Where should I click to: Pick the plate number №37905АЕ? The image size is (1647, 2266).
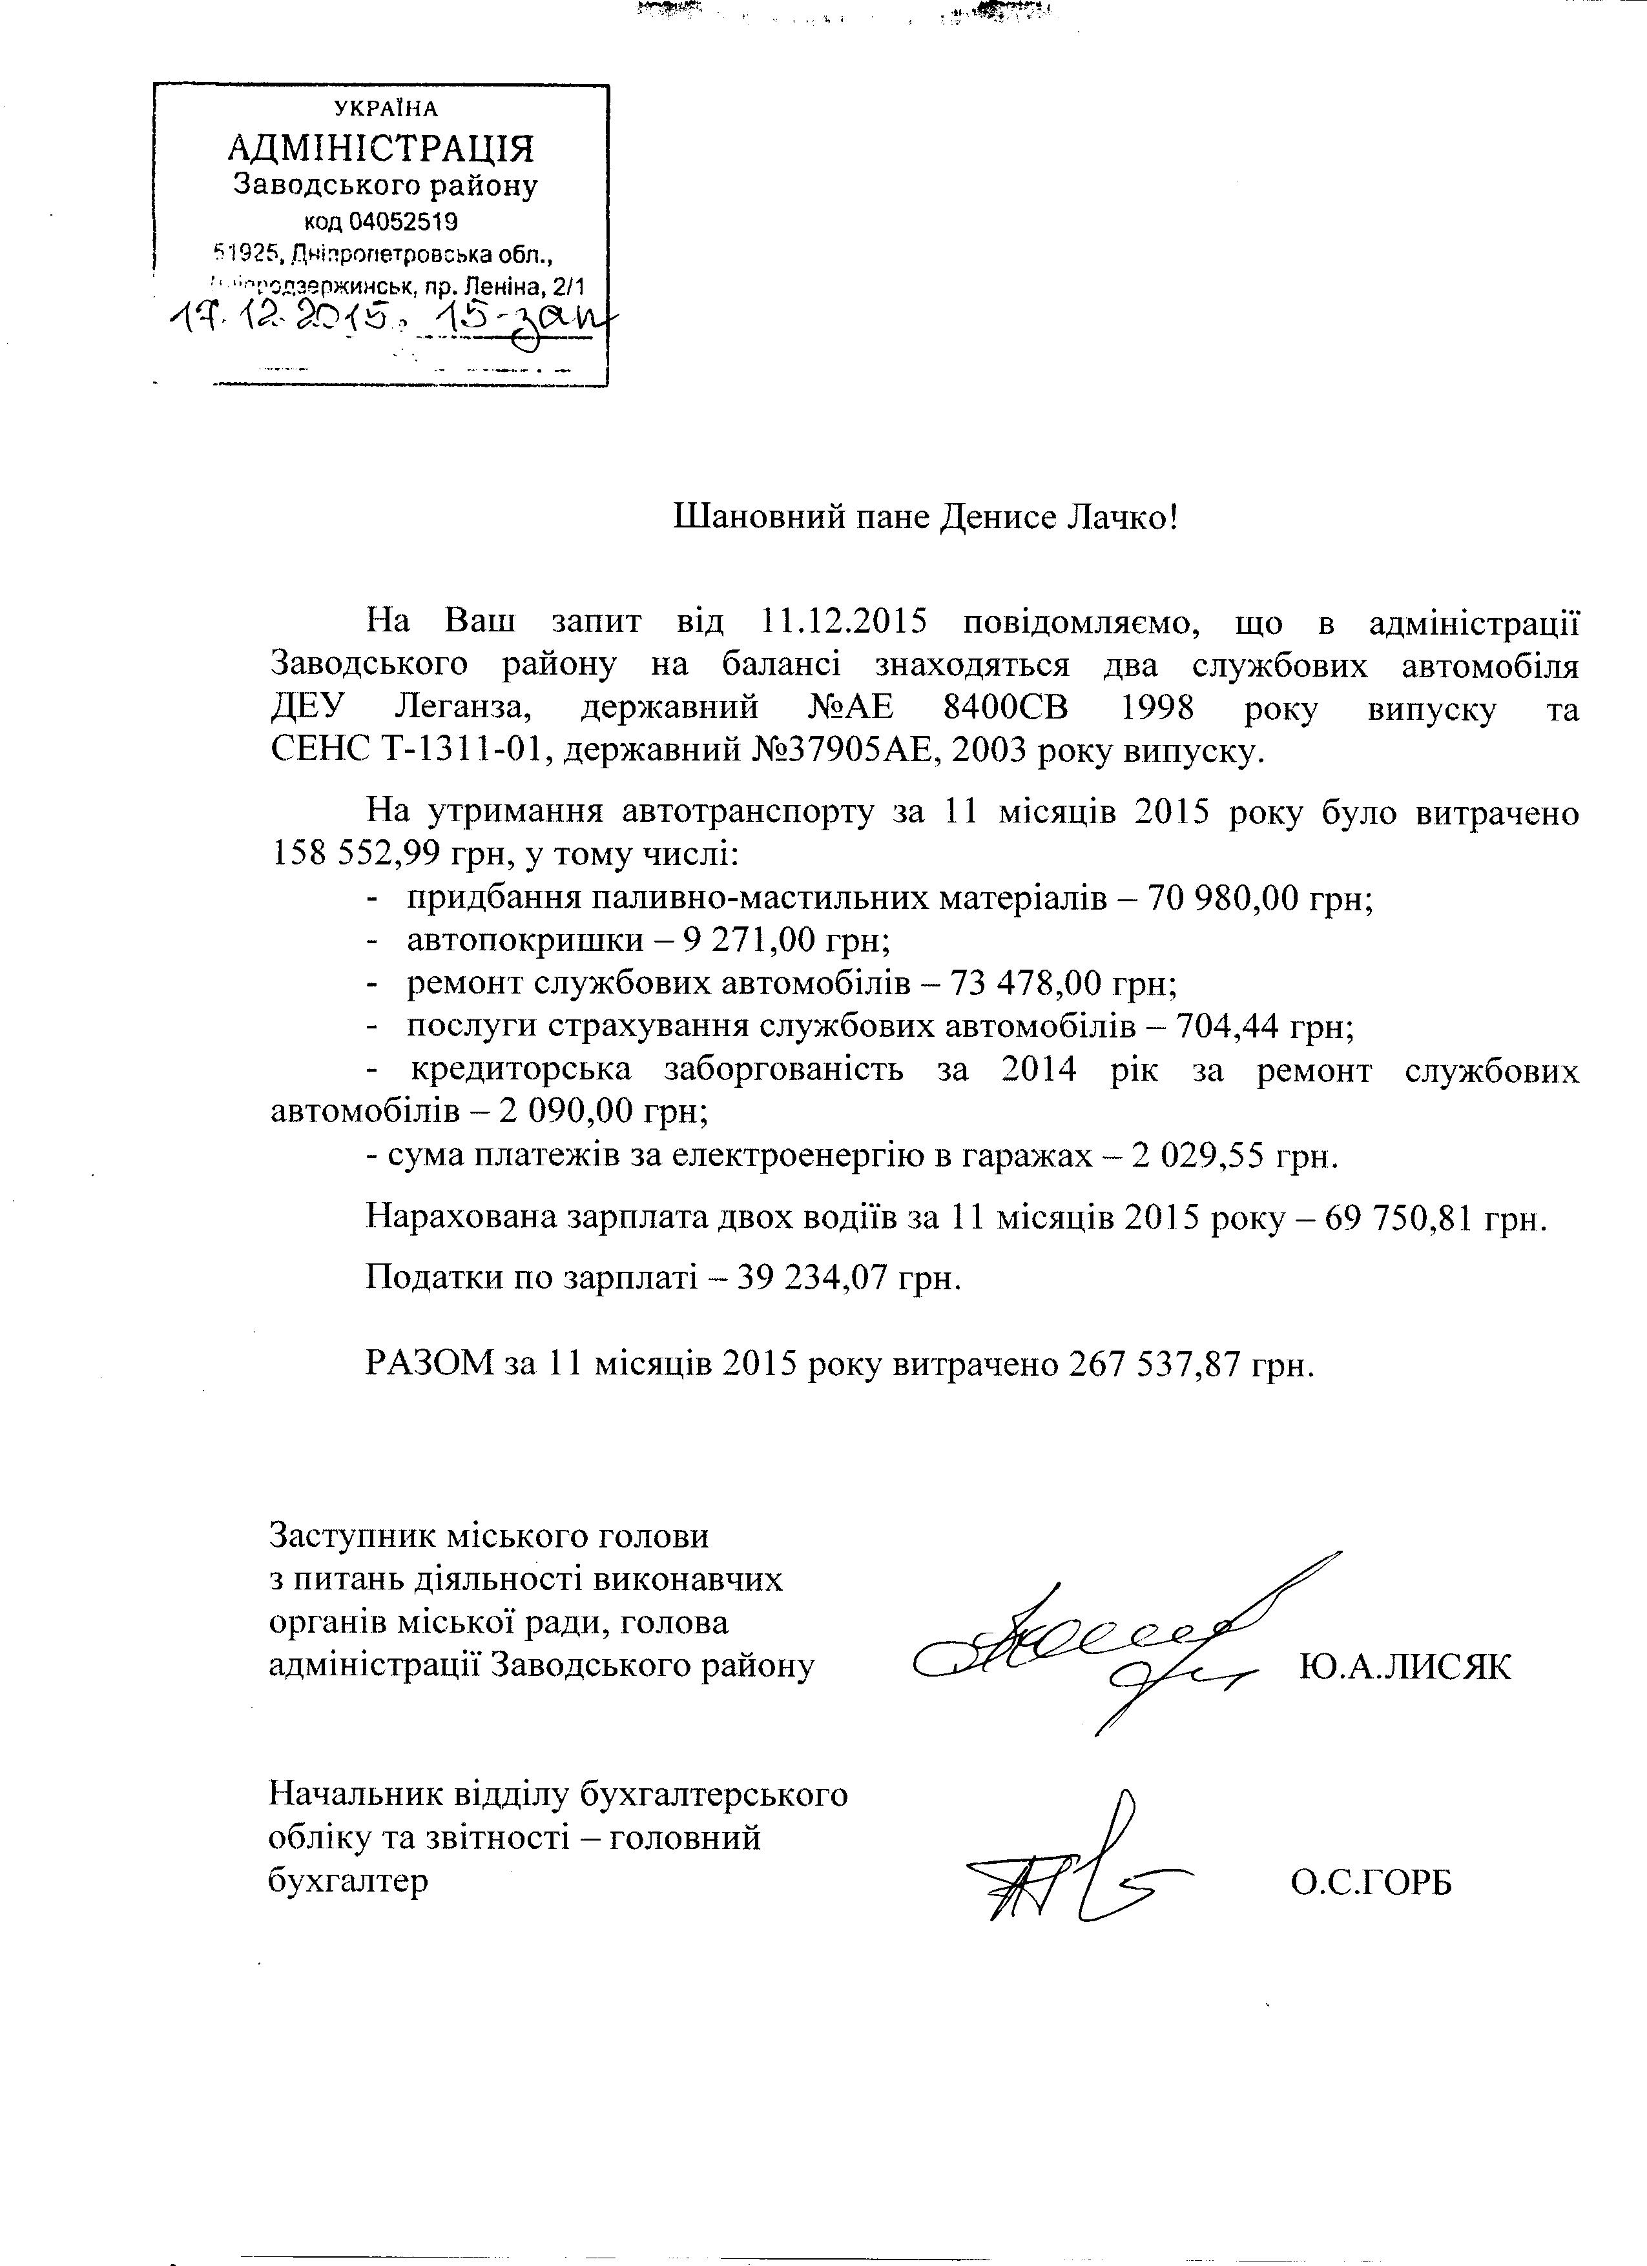click(x=840, y=751)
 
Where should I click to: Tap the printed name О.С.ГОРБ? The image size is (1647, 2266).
click(x=1370, y=1883)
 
